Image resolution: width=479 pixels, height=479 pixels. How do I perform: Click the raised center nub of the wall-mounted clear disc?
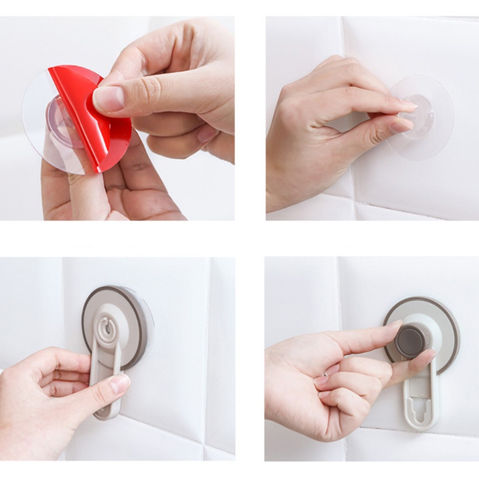coord(419,117)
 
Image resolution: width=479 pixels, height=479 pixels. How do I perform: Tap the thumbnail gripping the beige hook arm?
coord(120,383)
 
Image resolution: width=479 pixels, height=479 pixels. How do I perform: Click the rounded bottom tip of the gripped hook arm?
coord(106,413)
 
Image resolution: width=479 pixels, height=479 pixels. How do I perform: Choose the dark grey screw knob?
coord(410,340)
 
